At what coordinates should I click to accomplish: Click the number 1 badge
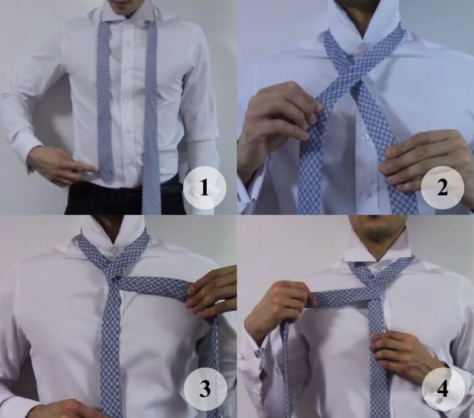[x=205, y=187]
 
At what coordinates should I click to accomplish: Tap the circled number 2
[x=442, y=187]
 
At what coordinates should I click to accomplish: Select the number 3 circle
[x=205, y=389]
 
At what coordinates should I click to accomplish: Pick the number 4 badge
[x=443, y=389]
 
